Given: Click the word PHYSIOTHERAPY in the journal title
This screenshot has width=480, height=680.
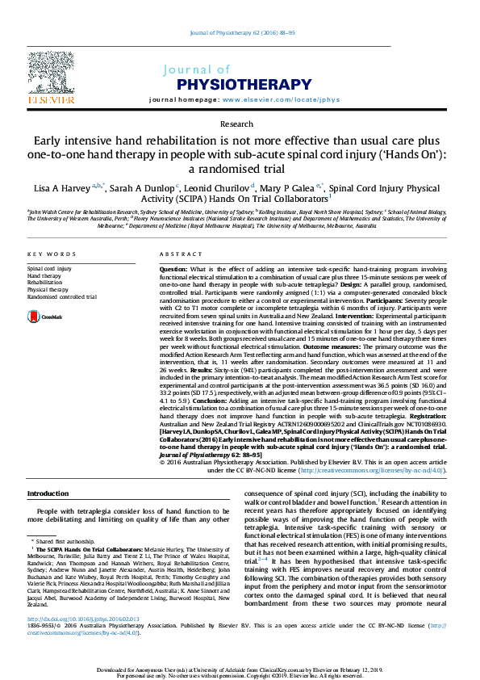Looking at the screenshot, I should coord(226,83).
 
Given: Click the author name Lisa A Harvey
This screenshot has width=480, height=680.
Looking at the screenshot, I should coord(60,188).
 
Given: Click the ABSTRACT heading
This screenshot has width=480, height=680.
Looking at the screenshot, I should coord(177,253).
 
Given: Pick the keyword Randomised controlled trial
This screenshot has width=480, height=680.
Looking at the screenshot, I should coord(62,296).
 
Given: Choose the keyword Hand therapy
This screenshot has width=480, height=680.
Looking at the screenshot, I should coord(44,275).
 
